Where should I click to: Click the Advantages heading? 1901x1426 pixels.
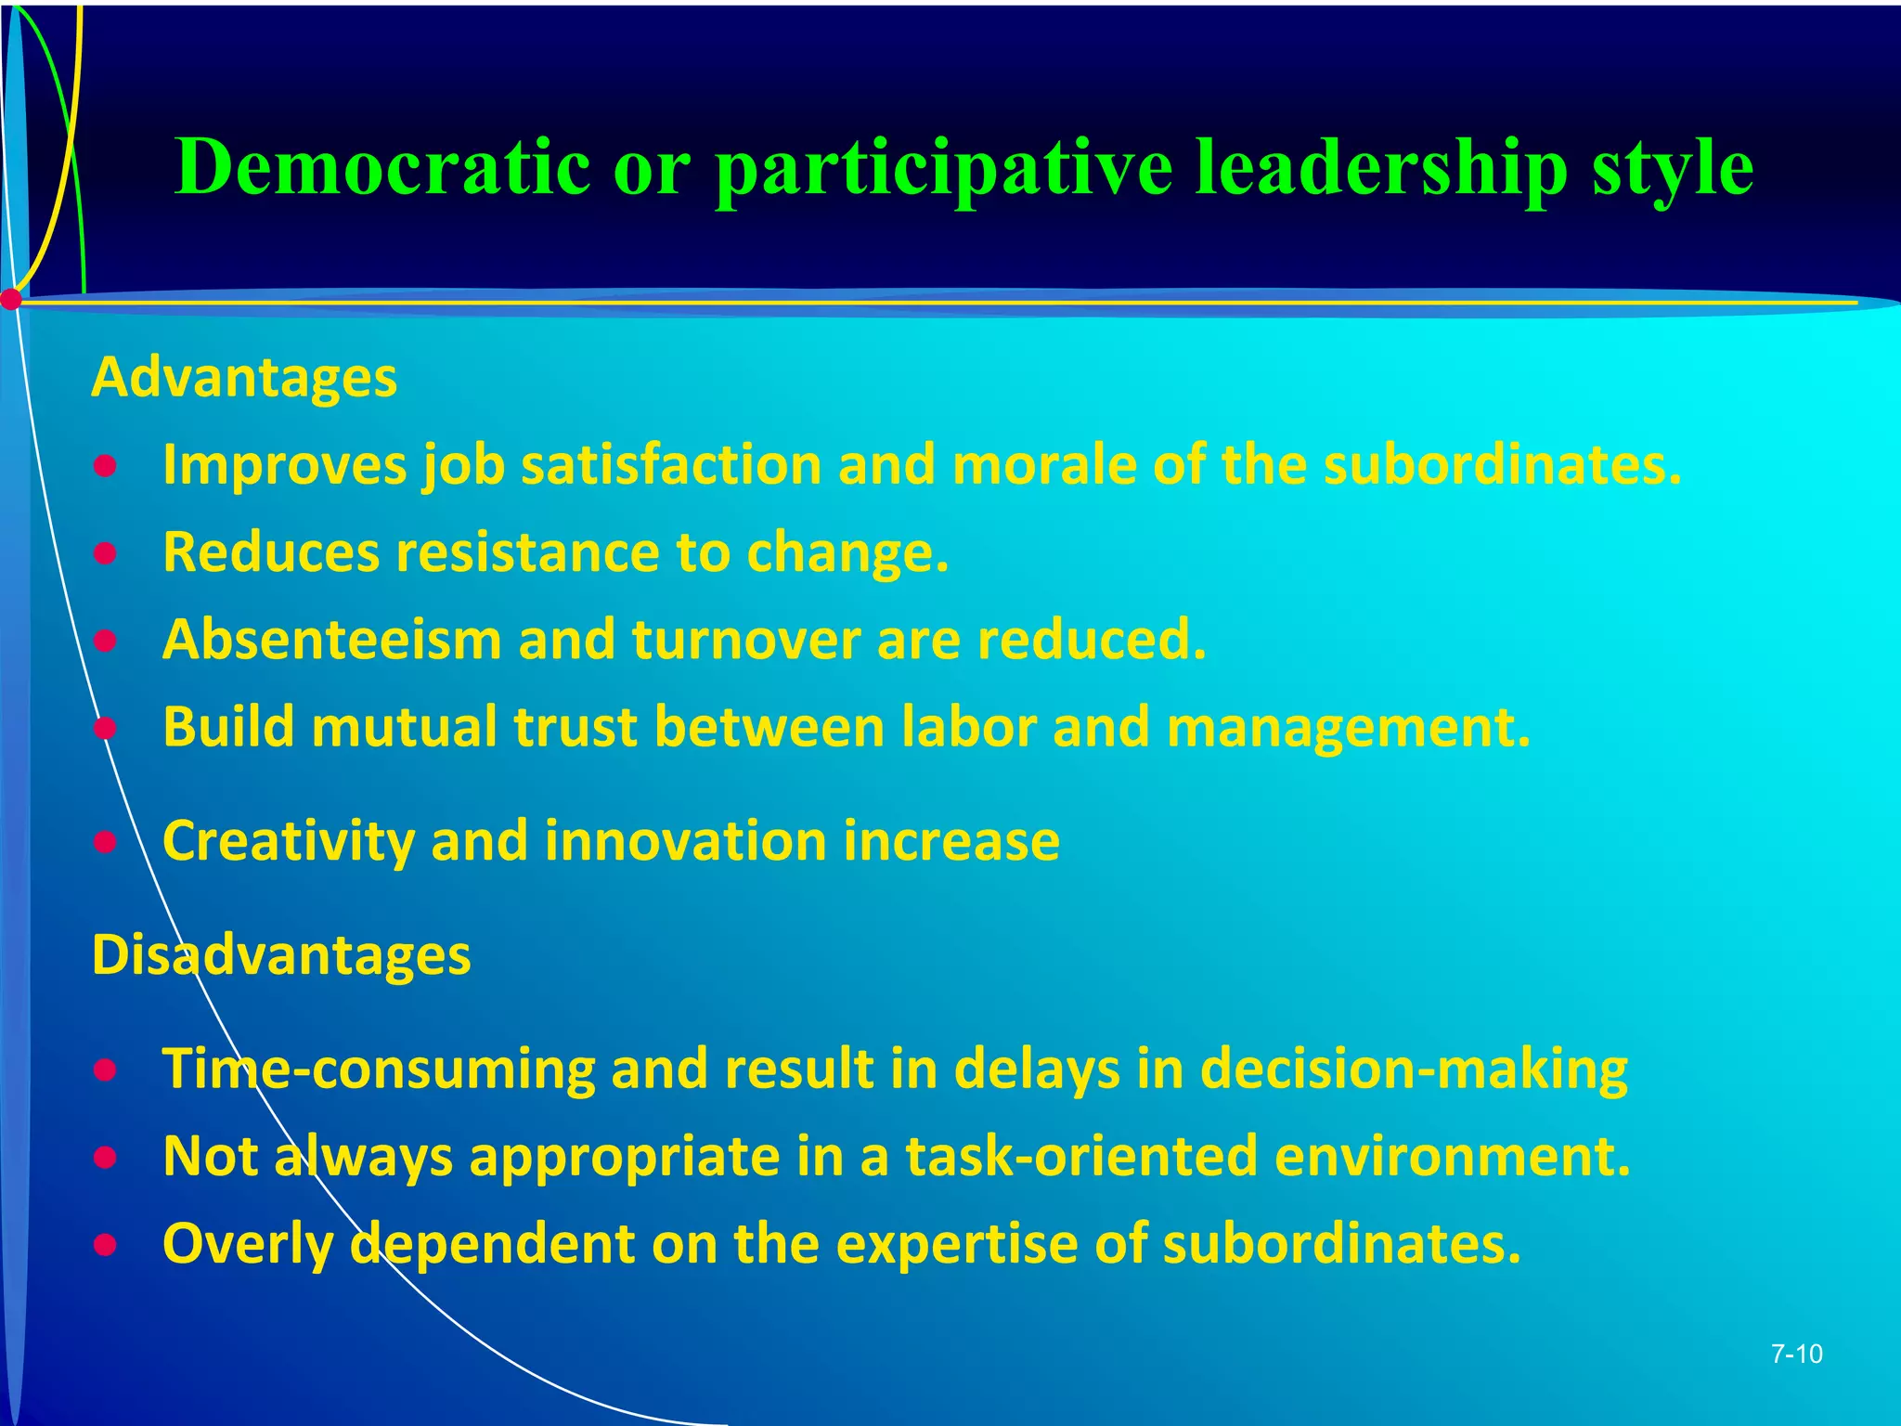[244, 379]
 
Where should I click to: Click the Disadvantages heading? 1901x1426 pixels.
[281, 954]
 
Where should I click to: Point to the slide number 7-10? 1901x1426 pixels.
[1796, 1355]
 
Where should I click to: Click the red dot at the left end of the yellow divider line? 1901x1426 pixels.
[11, 300]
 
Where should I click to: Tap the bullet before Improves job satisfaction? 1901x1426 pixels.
[106, 466]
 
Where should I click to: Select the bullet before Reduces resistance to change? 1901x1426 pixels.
[106, 553]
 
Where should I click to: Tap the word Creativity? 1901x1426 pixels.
[288, 842]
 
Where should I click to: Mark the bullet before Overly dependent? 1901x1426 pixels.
[106, 1244]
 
